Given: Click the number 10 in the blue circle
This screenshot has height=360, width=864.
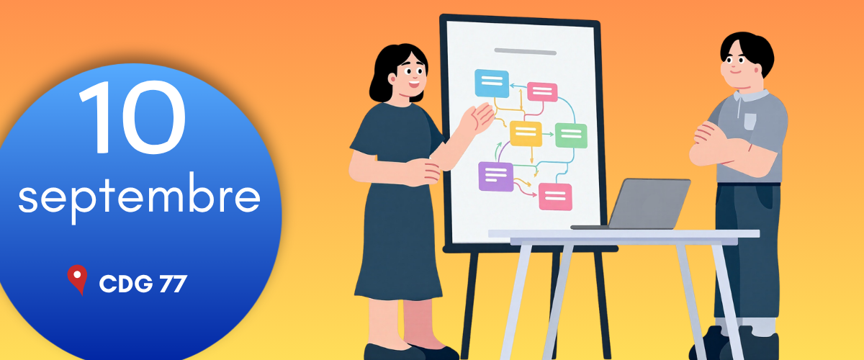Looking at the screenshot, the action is click(x=132, y=117).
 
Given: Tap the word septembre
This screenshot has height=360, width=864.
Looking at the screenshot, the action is click(x=139, y=197).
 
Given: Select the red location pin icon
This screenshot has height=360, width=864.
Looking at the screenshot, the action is click(x=77, y=279).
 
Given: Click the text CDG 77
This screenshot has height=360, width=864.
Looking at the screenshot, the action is click(x=143, y=284).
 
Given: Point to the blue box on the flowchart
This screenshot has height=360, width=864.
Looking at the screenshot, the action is click(x=492, y=84).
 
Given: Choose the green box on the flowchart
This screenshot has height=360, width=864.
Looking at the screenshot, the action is click(x=571, y=135).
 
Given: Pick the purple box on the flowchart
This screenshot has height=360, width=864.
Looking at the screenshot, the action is click(x=495, y=176).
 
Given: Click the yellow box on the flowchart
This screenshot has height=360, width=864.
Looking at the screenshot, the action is click(x=526, y=133).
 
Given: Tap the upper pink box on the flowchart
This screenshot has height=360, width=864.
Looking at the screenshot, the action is click(x=542, y=92).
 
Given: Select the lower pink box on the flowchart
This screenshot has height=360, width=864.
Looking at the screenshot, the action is click(x=555, y=197).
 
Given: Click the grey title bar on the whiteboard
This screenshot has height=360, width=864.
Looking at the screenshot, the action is click(x=525, y=51).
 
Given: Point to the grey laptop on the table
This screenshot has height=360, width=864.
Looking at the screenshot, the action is click(x=636, y=204).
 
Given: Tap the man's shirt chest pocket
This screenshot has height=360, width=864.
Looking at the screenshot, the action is click(x=750, y=121).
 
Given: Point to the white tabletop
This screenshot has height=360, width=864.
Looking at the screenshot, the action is click(x=624, y=234).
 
